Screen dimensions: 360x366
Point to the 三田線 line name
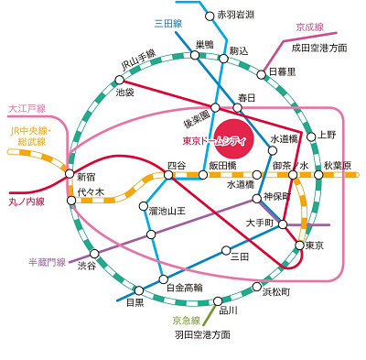[x=143, y=25]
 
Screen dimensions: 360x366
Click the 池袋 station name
[x=124, y=93]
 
